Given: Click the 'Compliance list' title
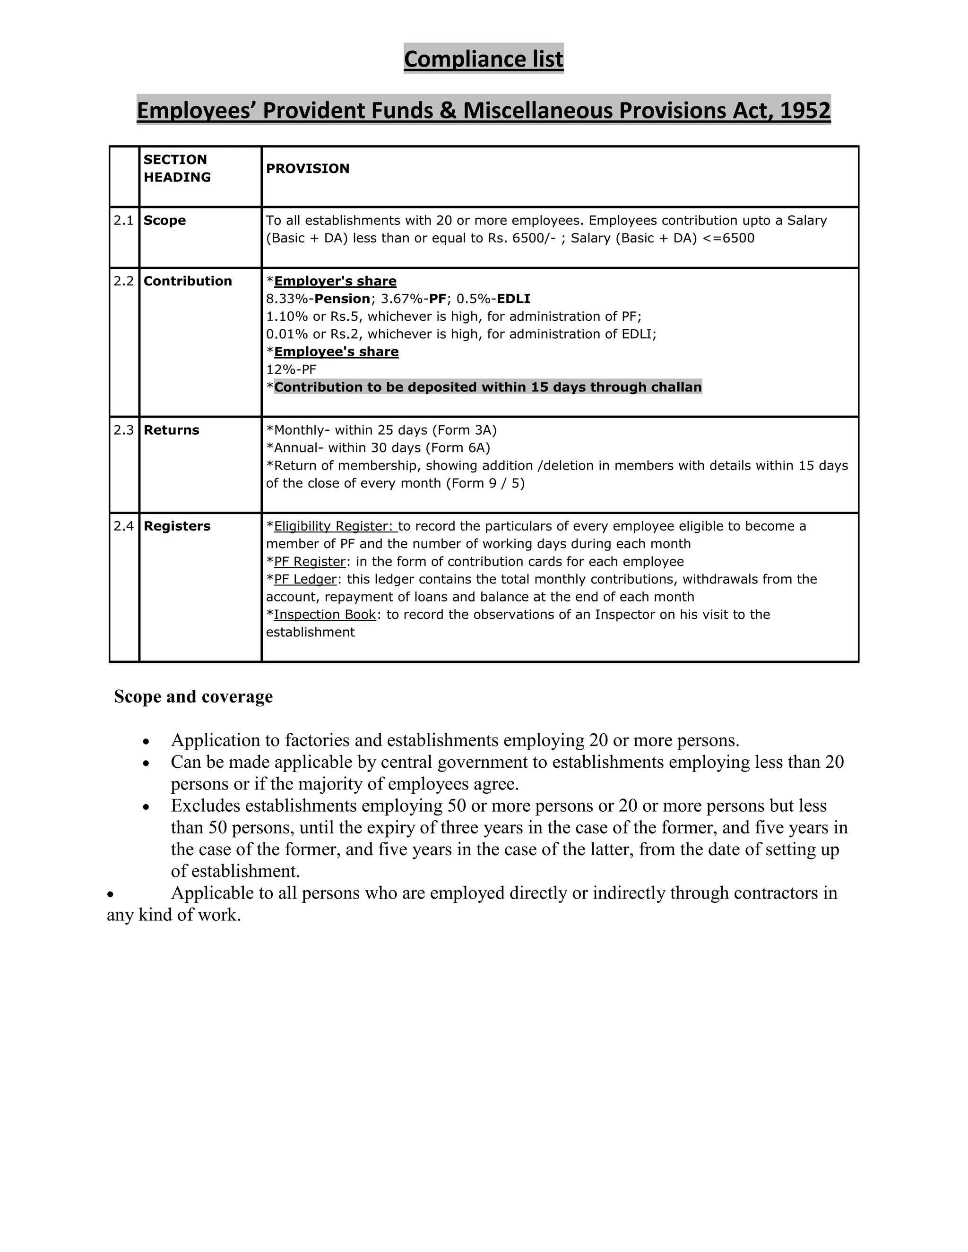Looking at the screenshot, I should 484,59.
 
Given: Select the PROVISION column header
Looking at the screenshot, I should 307,169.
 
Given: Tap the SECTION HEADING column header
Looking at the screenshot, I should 177,168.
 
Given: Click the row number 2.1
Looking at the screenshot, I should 123,221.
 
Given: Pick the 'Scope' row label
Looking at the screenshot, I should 164,221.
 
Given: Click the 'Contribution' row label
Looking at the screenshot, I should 188,281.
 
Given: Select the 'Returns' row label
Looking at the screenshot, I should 171,430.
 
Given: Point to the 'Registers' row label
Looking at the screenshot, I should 177,526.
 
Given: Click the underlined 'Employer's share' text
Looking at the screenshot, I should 335,281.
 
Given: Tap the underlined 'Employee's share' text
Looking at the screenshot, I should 336,352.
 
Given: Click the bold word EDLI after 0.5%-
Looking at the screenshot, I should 513,299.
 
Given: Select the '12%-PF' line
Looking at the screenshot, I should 291,369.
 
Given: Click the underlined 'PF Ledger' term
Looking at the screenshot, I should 304,579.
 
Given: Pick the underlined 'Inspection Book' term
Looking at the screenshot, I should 325,615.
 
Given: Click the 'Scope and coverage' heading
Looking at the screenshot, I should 193,696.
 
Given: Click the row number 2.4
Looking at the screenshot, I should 123,526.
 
